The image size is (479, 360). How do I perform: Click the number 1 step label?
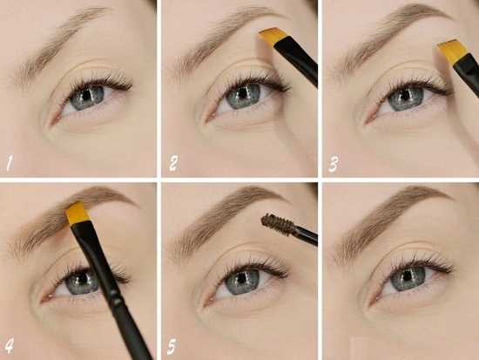tap(10, 163)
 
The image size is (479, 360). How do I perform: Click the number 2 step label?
tap(172, 163)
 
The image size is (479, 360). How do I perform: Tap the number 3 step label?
tap(333, 164)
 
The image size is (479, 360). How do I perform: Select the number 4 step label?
tap(10, 346)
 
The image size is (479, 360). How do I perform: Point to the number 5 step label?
tap(172, 346)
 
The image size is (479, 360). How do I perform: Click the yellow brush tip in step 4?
tap(78, 214)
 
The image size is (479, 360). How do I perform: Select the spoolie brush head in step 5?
tap(278, 221)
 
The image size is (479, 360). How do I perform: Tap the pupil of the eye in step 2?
tap(244, 92)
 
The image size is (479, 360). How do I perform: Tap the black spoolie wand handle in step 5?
tap(305, 234)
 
